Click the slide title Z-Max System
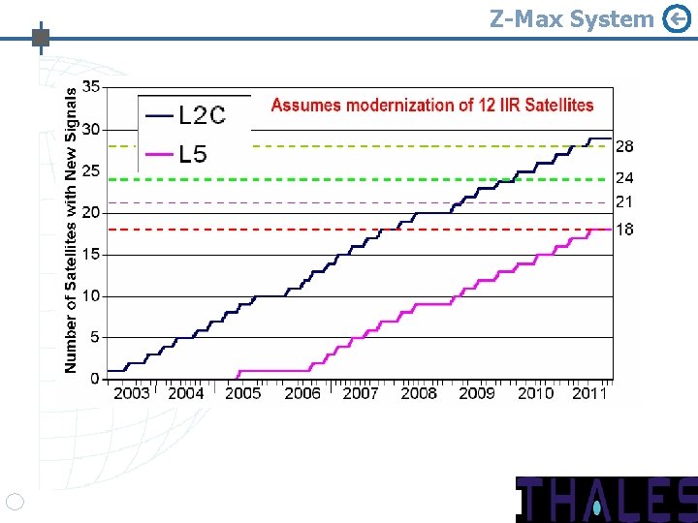tap(571, 18)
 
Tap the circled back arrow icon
tap(677, 18)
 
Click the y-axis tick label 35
tap(90, 86)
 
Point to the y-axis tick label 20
tap(90, 212)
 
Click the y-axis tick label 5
tap(94, 337)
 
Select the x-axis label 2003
tap(132, 393)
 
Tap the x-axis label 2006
tap(302, 393)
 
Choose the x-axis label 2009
tap(477, 393)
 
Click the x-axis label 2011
tap(589, 393)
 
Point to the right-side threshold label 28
tap(625, 146)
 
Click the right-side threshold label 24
tap(625, 178)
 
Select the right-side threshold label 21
tap(625, 201)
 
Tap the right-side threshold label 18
tap(625, 230)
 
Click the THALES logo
tap(606, 499)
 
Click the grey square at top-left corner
tap(41, 39)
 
